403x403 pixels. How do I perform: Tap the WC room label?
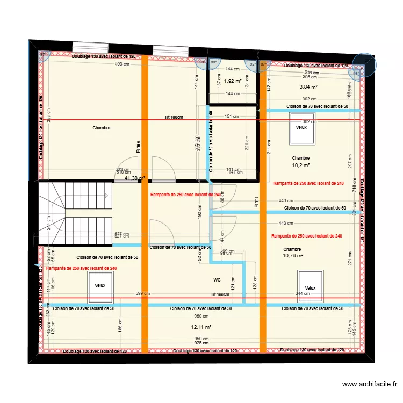[217, 280]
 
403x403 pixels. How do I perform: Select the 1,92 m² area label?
[233, 81]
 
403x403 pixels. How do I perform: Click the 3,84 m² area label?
[308, 87]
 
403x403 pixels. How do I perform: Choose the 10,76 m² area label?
[293, 256]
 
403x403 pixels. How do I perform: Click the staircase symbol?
[75, 212]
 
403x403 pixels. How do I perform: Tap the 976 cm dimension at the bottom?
[201, 343]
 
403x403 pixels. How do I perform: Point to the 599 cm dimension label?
[143, 294]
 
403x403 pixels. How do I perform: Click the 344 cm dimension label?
[303, 294]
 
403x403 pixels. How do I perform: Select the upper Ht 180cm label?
[174, 117]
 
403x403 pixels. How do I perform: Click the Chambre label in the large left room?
[101, 128]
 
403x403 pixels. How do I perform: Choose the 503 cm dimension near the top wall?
[122, 64]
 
